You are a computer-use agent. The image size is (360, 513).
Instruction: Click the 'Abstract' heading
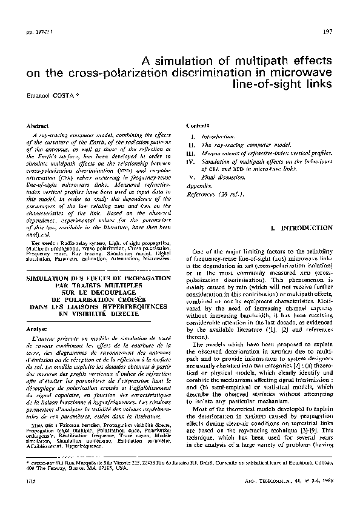tap(38, 125)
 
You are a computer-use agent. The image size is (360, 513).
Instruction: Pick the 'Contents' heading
tap(198, 125)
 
